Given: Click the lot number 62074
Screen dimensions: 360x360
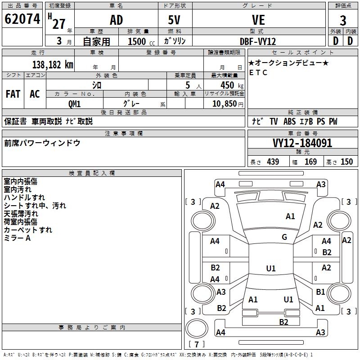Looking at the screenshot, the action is (x=22, y=19).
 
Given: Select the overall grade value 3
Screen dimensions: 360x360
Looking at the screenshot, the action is (x=343, y=20).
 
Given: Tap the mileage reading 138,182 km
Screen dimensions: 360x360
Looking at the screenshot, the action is (x=53, y=65).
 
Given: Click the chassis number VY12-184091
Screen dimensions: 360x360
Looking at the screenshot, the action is (x=302, y=143).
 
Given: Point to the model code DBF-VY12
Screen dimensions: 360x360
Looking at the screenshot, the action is (x=258, y=41).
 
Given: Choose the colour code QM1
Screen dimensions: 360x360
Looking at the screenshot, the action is (x=74, y=104).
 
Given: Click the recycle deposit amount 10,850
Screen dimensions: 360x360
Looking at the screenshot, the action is (x=224, y=104).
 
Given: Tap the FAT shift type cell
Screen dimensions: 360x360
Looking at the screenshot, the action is (x=13, y=94).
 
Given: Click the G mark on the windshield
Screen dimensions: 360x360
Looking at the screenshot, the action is (x=284, y=237).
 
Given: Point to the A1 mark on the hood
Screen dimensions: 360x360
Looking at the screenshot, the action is (x=290, y=216).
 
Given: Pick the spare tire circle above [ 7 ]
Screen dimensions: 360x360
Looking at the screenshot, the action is (x=197, y=328).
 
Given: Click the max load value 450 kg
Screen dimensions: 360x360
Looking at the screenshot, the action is (x=232, y=85).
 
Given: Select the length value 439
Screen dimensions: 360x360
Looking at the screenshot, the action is (x=273, y=162).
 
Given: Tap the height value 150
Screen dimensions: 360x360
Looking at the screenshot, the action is (x=346, y=162).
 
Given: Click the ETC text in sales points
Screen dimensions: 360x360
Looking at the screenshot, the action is (x=258, y=72).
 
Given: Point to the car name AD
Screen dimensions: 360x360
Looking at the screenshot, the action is (x=117, y=20).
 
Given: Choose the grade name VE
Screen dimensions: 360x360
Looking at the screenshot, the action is (x=258, y=20).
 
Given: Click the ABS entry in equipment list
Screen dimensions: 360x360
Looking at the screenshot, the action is (x=289, y=121).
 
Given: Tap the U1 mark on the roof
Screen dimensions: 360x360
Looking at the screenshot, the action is (x=271, y=268).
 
